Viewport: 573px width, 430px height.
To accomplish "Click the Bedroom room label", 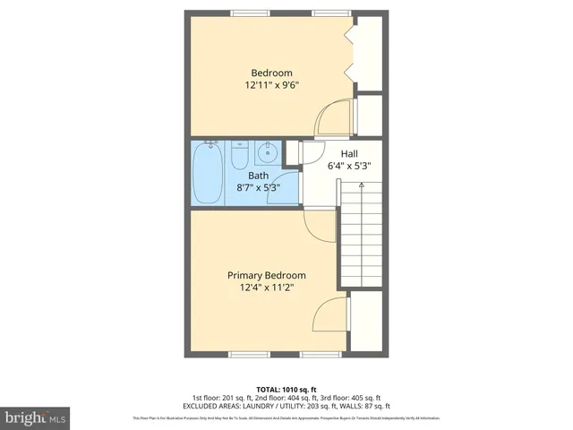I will (271, 73).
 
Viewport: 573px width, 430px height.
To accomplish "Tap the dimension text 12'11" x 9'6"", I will (271, 86).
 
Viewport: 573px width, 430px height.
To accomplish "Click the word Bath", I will (258, 176).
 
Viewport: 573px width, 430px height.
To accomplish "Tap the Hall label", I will (348, 153).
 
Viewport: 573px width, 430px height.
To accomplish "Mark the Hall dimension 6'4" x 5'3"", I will (348, 166).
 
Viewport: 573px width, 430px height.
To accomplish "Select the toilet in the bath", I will (239, 156).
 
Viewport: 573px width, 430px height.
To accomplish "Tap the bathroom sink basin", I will (267, 153).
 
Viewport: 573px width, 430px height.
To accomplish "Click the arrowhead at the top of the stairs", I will (361, 184).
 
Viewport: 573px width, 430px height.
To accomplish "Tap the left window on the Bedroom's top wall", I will (244, 12).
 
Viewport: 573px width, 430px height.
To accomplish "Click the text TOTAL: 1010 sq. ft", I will (286, 389).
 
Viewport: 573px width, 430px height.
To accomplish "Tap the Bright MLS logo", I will (35, 417).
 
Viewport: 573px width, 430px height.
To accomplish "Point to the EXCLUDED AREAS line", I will (286, 406).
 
